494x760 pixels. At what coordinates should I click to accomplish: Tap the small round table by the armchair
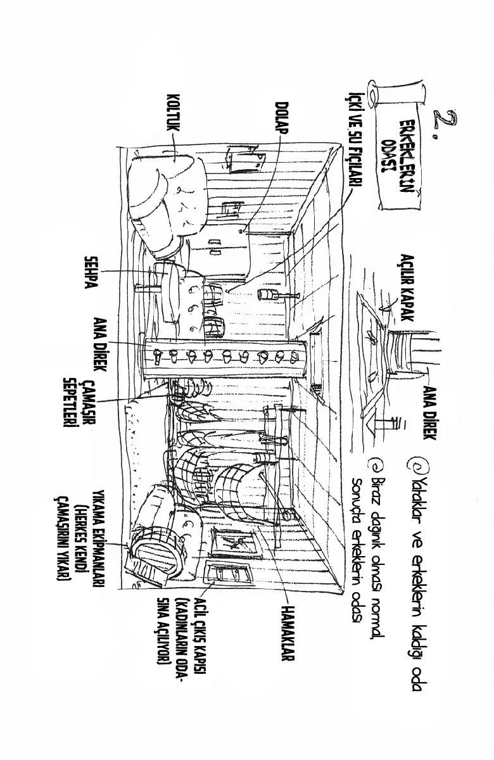coord(167,288)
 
